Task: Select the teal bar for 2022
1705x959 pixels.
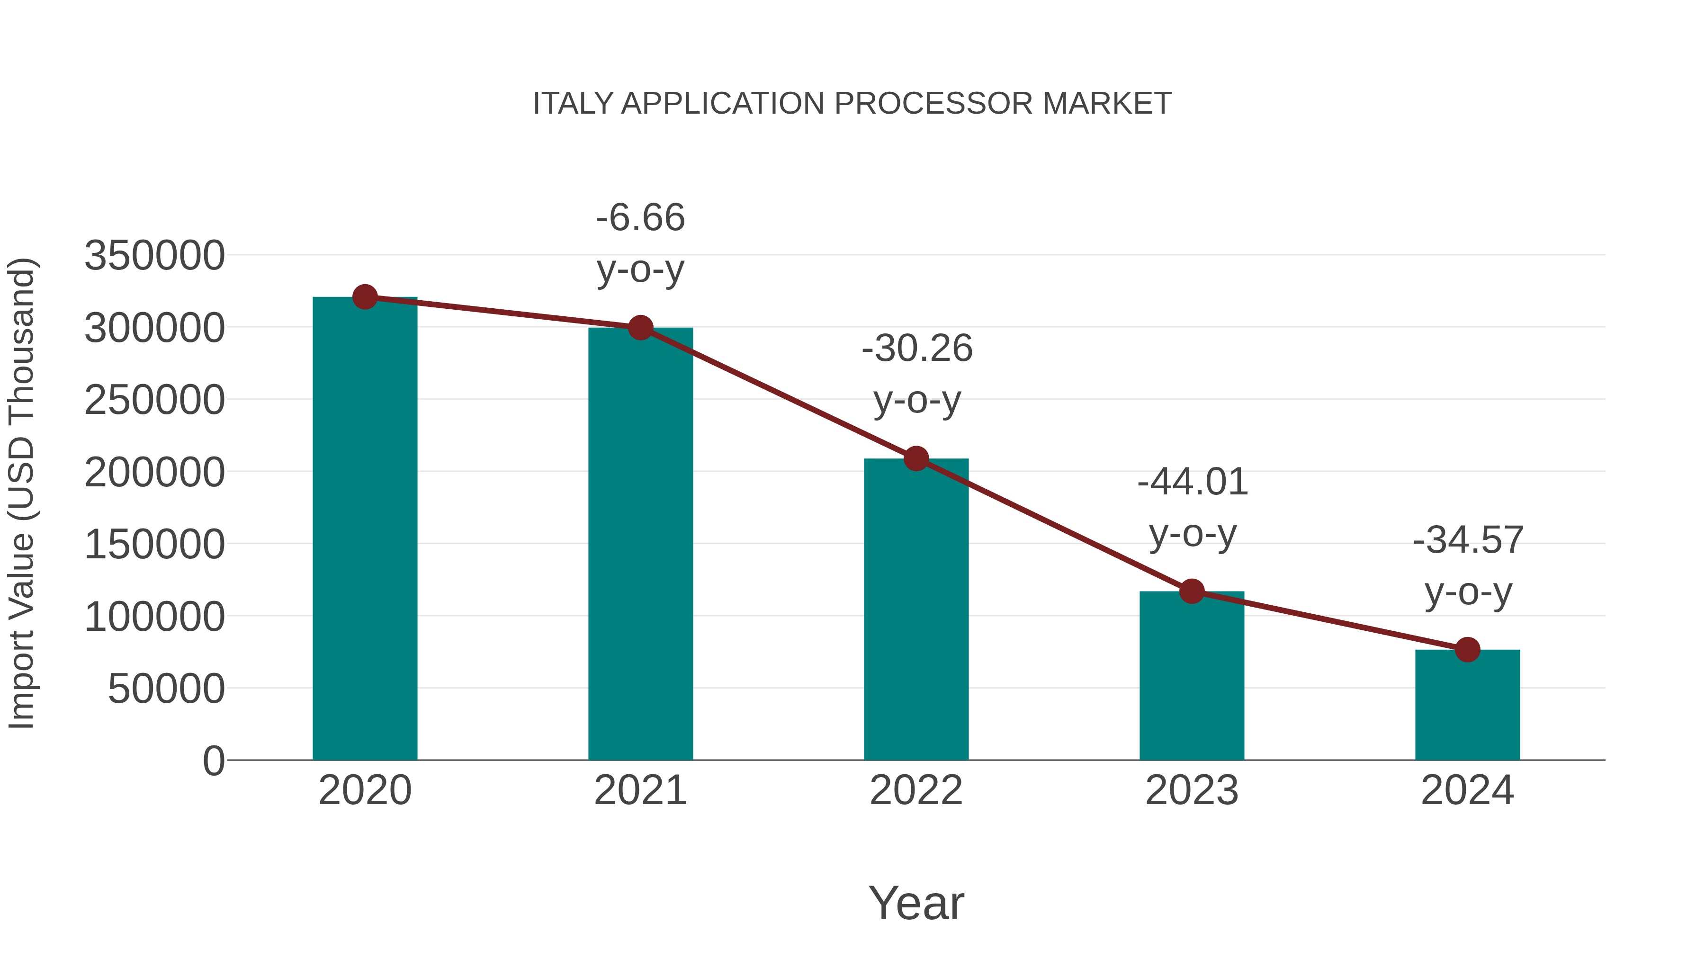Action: pos(916,609)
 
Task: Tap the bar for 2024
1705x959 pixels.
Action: pos(1467,704)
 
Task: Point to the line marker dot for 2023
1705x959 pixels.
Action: pos(1192,591)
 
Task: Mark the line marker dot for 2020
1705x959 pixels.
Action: pos(365,297)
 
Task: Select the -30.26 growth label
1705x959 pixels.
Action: pos(917,349)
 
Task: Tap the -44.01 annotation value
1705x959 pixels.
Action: pos(1192,482)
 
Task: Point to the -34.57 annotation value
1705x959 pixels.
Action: pos(1468,540)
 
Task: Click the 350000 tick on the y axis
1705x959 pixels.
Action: pos(154,255)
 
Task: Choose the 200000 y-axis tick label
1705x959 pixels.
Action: pos(154,473)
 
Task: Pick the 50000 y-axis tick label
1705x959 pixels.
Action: pos(166,689)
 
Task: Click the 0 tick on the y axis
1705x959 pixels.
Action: pos(213,761)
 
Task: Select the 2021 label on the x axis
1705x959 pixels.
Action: pos(640,790)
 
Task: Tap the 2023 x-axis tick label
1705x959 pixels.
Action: pos(1192,790)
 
